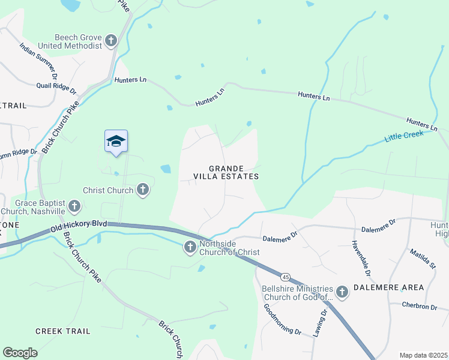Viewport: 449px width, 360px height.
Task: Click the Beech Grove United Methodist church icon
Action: point(111,41)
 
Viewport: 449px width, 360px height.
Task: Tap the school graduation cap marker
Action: point(116,142)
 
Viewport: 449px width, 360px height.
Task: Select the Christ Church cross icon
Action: point(143,190)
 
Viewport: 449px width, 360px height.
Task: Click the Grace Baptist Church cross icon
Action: point(74,207)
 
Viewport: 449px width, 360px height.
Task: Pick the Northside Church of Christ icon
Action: point(190,247)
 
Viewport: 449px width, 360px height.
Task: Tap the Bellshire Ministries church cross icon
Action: point(342,292)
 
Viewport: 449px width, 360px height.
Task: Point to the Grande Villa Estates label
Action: point(226,172)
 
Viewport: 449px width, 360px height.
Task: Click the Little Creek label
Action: point(404,134)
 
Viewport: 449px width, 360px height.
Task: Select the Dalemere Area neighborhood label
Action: point(390,287)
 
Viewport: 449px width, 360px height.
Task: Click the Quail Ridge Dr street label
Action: point(57,88)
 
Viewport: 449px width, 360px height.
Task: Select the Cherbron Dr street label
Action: point(420,306)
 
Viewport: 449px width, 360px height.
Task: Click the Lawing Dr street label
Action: point(319,338)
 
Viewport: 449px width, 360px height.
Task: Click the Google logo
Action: point(20,353)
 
